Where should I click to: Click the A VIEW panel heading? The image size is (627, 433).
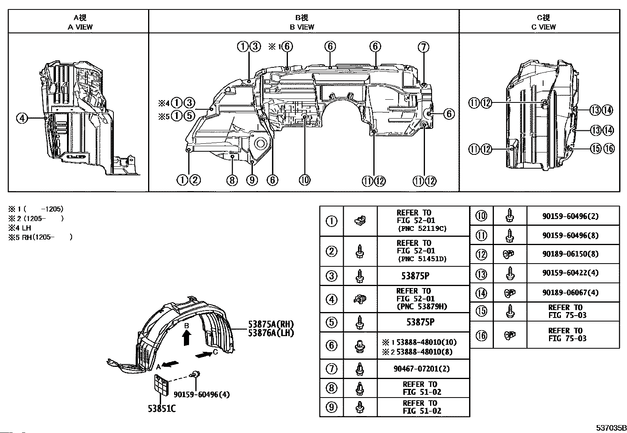(x=80, y=22)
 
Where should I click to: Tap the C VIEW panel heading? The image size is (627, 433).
(x=543, y=22)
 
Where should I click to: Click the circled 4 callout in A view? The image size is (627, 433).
(x=22, y=118)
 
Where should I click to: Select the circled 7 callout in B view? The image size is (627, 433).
(x=423, y=47)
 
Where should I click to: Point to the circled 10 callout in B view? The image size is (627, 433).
(x=304, y=180)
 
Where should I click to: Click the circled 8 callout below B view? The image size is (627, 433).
(x=232, y=180)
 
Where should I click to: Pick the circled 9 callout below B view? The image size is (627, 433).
(x=252, y=180)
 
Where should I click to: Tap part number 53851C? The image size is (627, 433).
(x=162, y=409)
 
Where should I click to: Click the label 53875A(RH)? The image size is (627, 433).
(x=271, y=324)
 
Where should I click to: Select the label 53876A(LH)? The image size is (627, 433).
(x=271, y=333)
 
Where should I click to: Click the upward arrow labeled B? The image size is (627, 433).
(x=187, y=338)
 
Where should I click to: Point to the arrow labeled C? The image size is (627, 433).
(x=204, y=355)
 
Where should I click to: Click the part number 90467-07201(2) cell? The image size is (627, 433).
(x=421, y=369)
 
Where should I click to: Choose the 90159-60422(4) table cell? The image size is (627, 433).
(x=570, y=273)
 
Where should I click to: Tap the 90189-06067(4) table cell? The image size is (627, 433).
(x=570, y=292)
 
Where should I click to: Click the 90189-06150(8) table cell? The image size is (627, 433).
(x=570, y=254)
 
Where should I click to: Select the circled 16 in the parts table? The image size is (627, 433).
(x=481, y=335)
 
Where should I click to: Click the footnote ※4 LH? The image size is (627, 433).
(x=20, y=228)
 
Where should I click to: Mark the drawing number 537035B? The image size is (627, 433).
(x=611, y=428)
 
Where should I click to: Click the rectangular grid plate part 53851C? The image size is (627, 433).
(x=162, y=385)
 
